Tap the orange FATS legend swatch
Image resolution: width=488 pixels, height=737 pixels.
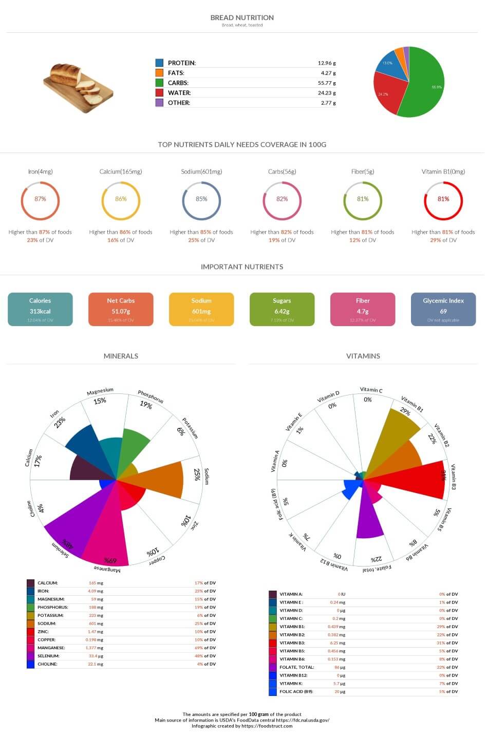pyautogui.click(x=159, y=73)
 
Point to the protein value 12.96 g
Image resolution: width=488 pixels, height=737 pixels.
pyautogui.click(x=326, y=63)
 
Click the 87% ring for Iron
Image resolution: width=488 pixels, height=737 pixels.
pyautogui.click(x=40, y=199)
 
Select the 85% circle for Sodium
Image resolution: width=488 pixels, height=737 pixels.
pyautogui.click(x=201, y=199)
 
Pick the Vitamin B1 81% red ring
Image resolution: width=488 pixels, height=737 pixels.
pyautogui.click(x=443, y=199)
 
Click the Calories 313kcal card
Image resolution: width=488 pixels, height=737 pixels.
pyautogui.click(x=40, y=309)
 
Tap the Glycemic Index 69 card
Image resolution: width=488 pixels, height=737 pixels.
pyautogui.click(x=443, y=309)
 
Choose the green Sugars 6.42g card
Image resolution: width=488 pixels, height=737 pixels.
pyautogui.click(x=281, y=309)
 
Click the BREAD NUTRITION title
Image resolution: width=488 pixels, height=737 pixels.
pyautogui.click(x=242, y=17)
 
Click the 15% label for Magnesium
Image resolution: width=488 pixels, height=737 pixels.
pyautogui.click(x=100, y=401)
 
